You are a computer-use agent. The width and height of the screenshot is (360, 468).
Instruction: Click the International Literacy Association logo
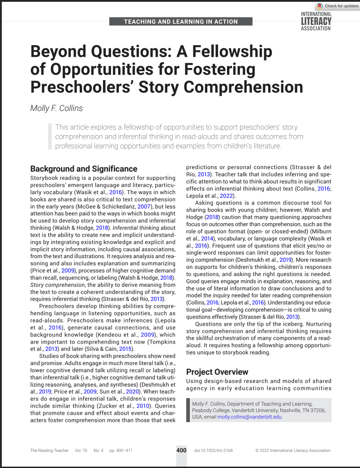[x=316, y=21]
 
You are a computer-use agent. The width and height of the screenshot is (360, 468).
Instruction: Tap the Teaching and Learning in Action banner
[x=181, y=21]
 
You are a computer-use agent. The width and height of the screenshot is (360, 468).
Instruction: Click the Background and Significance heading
[x=84, y=169]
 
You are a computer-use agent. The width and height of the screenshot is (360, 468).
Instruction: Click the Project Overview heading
[x=217, y=372]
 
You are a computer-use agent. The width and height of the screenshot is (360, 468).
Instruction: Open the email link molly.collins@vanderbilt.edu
[x=250, y=417]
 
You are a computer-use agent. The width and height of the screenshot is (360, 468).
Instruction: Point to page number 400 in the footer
[x=181, y=450]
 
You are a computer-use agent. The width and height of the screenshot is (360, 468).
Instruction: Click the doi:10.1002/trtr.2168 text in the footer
[x=213, y=451]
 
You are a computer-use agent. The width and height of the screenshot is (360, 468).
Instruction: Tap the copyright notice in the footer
[x=293, y=451]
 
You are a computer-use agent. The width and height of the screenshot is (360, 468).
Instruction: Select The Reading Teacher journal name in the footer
[x=50, y=451]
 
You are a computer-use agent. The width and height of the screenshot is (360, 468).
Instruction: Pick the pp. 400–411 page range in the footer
[x=121, y=451]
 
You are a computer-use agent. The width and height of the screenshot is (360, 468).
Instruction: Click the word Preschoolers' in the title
[x=87, y=86]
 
